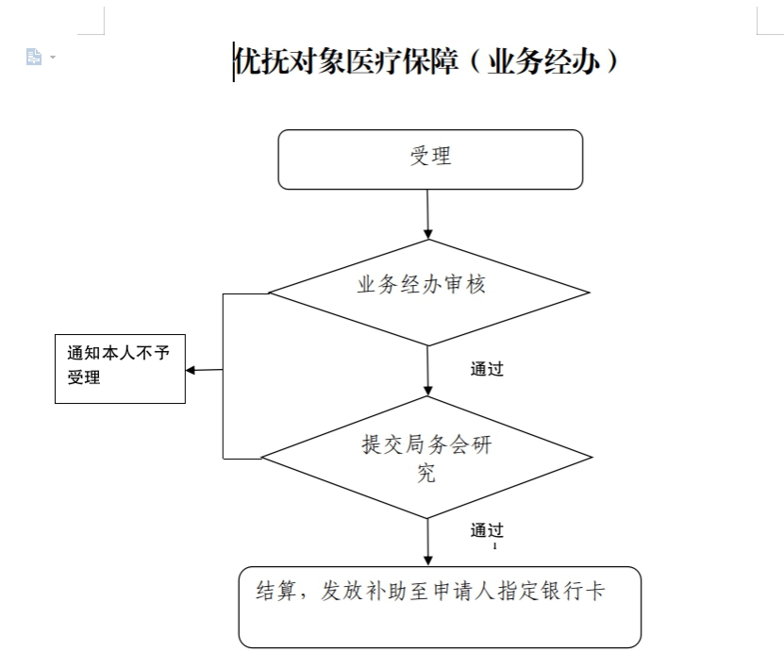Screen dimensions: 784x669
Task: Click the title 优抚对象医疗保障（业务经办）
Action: [x=425, y=61]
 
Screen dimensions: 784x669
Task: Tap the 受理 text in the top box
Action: [x=430, y=156]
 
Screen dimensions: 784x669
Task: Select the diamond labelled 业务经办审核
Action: [x=429, y=293]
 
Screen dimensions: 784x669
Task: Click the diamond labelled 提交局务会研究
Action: [x=427, y=457]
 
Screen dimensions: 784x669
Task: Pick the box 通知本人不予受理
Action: [x=120, y=369]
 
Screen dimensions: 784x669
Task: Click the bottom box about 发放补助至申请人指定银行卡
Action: [x=440, y=607]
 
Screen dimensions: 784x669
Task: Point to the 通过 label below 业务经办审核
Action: [x=487, y=369]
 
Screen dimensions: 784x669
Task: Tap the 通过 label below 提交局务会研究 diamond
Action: [x=487, y=530]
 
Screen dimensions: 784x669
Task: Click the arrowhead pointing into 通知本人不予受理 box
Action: [x=190, y=370]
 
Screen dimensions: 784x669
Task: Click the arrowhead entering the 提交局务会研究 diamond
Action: [x=428, y=391]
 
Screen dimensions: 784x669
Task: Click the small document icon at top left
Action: [x=34, y=57]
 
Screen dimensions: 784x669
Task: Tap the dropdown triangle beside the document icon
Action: [x=53, y=57]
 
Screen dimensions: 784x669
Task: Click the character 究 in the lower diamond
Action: [x=426, y=473]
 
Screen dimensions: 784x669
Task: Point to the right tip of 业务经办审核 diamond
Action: [x=590, y=293]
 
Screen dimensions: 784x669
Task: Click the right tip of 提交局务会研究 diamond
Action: [x=592, y=457]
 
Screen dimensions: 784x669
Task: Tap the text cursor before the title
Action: [x=233, y=62]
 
